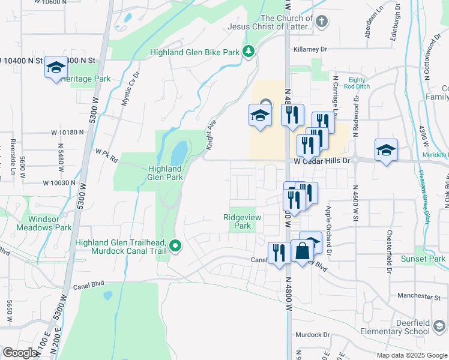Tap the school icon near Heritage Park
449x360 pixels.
click(x=56, y=68)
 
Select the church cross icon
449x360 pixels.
click(x=322, y=22)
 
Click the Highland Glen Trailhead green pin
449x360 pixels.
click(x=175, y=245)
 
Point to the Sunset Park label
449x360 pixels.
click(x=424, y=259)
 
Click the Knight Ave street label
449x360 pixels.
click(x=211, y=135)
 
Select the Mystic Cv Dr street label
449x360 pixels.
click(x=130, y=89)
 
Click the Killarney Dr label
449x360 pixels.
click(x=310, y=49)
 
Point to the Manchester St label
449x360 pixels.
click(x=420, y=296)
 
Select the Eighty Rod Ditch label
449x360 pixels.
click(x=357, y=83)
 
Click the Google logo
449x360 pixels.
click(x=20, y=352)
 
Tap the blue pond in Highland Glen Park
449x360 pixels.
click(x=178, y=154)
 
